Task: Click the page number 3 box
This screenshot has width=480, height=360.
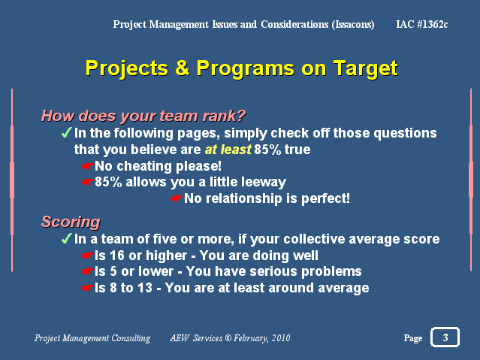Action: coord(445,337)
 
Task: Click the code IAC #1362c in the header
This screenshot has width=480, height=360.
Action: coord(422,24)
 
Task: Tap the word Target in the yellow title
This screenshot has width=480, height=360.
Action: coord(366,68)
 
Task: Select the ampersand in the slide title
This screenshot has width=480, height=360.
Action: coord(182,68)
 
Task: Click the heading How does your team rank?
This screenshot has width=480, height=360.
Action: coord(143,116)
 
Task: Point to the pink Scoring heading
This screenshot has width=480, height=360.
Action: coord(71,222)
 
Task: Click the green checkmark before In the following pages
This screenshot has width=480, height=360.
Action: coord(66,132)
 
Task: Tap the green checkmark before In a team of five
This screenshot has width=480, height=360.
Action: coord(66,238)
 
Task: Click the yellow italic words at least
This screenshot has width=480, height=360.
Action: coord(228,150)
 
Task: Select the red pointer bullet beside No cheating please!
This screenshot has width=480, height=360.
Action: coord(87,166)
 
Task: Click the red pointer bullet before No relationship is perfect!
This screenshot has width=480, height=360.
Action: coord(177,198)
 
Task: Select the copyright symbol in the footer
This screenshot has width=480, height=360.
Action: coord(228,338)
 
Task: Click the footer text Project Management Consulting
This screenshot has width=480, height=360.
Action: coord(92,338)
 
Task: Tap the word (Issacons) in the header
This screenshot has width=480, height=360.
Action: coord(353,25)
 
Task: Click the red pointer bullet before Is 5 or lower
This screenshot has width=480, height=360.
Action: coord(87,271)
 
